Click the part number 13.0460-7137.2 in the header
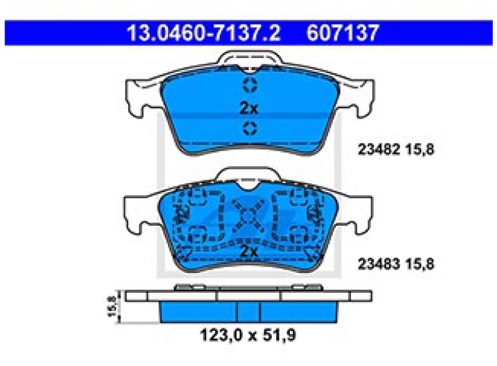(x=204, y=33)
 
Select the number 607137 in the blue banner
(x=343, y=33)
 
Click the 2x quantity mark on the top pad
(x=249, y=108)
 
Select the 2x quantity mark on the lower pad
(x=249, y=251)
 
